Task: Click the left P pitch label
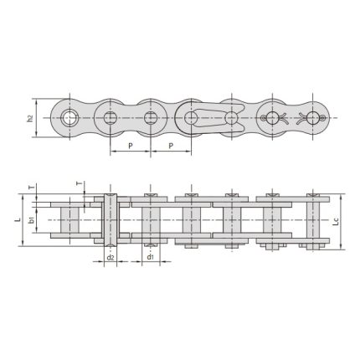(x=131, y=145)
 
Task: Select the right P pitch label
(x=171, y=145)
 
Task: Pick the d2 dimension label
(x=111, y=258)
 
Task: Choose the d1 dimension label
(x=150, y=258)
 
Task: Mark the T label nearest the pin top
(x=80, y=182)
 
